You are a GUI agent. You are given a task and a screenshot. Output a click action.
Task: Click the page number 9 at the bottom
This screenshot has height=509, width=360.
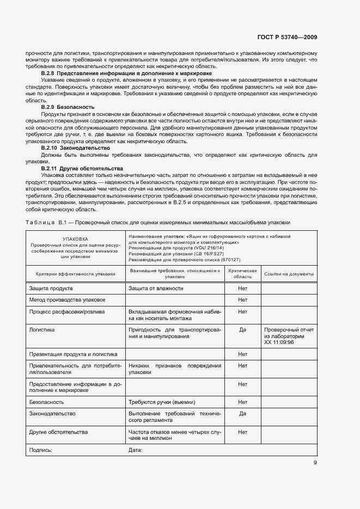tap(315, 463)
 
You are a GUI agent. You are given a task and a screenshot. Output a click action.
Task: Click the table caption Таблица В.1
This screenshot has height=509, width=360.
tap(158, 222)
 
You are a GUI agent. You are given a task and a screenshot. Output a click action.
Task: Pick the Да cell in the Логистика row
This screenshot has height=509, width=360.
tap(242, 329)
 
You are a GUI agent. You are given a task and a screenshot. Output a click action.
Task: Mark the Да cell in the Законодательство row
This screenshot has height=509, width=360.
tap(242, 413)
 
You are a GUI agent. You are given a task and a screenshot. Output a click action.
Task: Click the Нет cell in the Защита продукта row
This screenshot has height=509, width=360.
tap(242, 288)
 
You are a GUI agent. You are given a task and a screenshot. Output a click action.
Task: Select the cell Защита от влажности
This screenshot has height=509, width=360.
tap(156, 288)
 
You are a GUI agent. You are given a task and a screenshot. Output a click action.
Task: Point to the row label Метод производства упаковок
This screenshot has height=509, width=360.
tap(67, 300)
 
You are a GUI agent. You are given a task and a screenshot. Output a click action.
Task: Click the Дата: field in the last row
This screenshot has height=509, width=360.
tap(135, 450)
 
